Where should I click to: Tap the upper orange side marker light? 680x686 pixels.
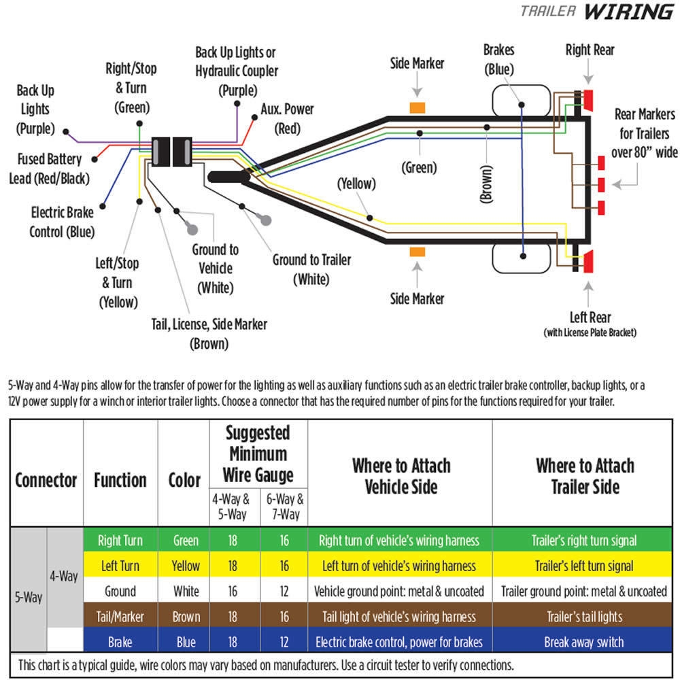tap(417, 107)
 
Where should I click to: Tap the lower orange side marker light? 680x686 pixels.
tap(417, 252)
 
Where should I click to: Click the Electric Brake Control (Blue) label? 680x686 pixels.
tap(62, 222)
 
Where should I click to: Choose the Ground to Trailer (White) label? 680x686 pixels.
tap(311, 269)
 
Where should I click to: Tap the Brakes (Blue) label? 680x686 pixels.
tap(498, 59)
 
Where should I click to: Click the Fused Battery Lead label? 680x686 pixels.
tap(50, 169)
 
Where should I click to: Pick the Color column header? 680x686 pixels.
tap(184, 480)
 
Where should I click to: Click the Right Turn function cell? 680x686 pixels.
tap(120, 541)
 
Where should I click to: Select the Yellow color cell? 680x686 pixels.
tap(185, 566)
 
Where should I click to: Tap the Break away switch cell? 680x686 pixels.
tap(584, 642)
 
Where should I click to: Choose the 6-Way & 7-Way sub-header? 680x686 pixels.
tap(284, 507)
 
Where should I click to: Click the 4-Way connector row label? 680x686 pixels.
tap(64, 577)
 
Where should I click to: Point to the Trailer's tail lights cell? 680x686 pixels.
tap(584, 617)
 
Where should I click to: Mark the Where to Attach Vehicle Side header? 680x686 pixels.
tap(401, 476)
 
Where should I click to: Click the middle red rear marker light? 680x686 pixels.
tap(601, 184)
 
